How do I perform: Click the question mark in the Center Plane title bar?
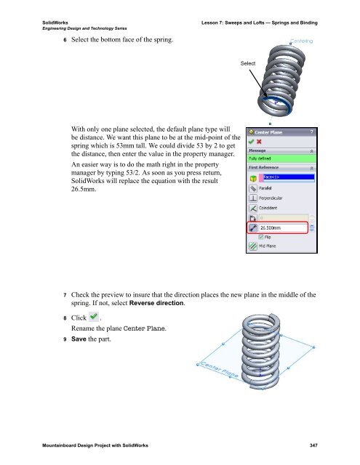(312, 132)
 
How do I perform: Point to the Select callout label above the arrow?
(248, 64)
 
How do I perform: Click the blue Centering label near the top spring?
(301, 41)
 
